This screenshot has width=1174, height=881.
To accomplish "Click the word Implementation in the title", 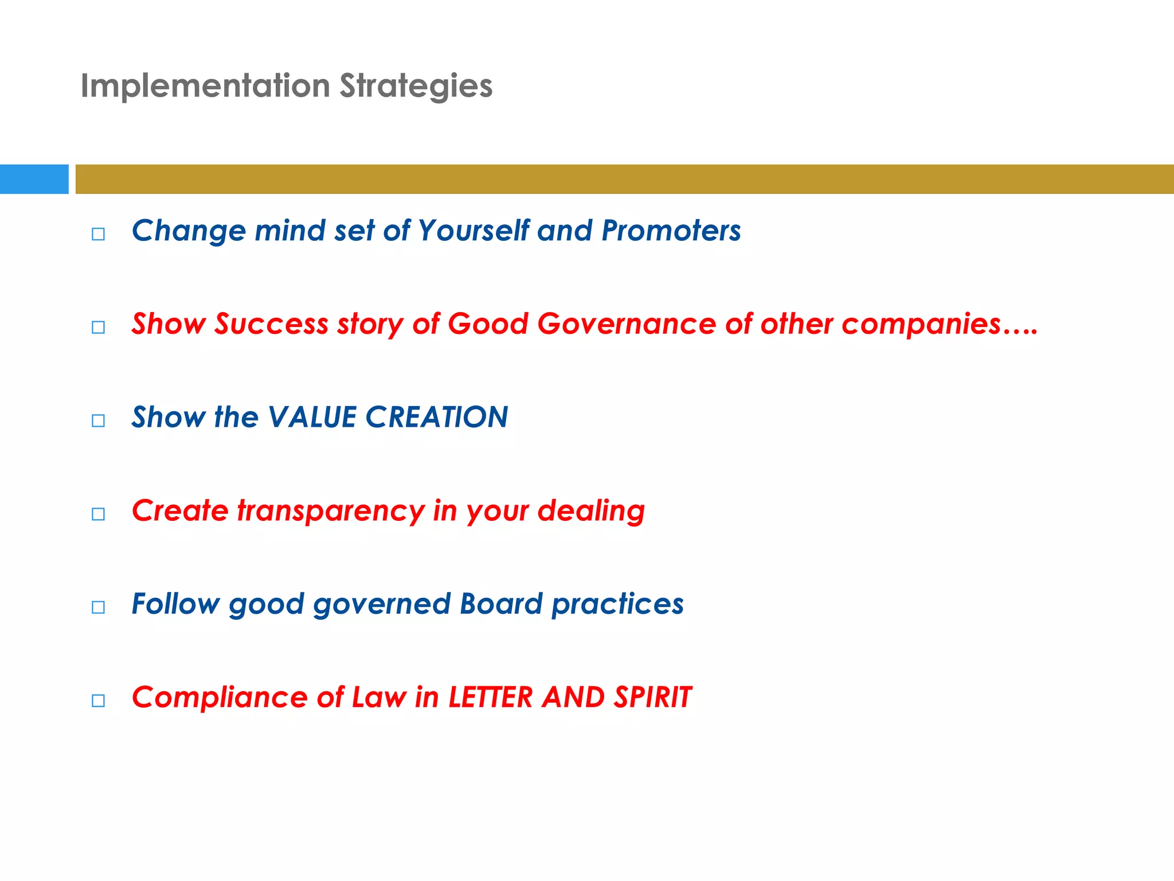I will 205,86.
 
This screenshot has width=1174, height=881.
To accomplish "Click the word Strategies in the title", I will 416,86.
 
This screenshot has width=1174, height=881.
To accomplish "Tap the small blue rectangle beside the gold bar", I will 34,179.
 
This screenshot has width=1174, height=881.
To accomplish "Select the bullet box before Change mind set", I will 98,234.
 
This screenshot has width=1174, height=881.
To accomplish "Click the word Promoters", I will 671,231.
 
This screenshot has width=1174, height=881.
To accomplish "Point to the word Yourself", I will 473,231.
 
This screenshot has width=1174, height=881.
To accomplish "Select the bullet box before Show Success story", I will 98,328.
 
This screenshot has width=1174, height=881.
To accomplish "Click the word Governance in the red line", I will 627,323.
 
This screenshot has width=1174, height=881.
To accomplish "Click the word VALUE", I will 312,417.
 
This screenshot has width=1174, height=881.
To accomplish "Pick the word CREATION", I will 437,417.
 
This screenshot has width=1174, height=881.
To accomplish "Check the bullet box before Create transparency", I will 98,514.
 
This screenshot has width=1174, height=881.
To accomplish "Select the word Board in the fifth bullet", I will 500,604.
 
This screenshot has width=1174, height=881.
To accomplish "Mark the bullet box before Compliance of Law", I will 98,700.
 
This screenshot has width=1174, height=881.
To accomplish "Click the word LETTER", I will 491,697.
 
